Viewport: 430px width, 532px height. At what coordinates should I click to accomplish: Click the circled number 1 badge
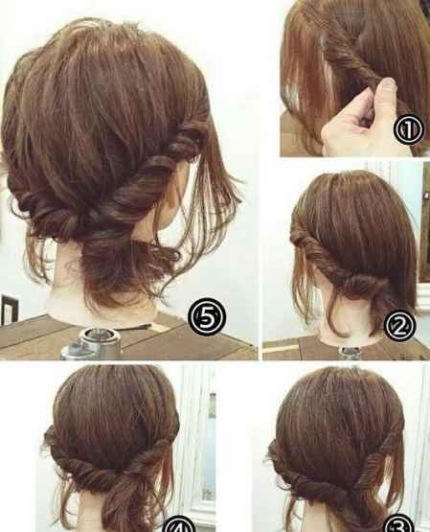pyautogui.click(x=408, y=129)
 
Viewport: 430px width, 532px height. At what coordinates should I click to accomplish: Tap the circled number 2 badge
pyautogui.click(x=399, y=326)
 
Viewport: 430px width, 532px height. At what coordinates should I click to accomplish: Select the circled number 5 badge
pyautogui.click(x=206, y=316)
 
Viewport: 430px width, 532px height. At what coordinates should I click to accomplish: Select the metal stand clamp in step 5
pyautogui.click(x=92, y=343)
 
